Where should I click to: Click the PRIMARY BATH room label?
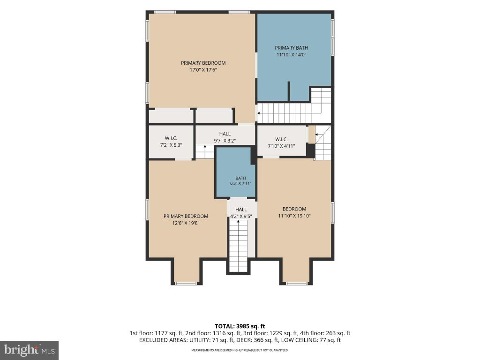[291, 48]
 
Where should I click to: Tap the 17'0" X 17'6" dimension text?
[203, 70]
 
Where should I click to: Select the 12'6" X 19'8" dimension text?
[186, 223]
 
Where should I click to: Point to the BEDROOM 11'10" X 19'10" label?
[294, 212]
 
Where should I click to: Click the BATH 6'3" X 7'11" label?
[240, 181]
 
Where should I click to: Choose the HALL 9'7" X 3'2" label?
[225, 137]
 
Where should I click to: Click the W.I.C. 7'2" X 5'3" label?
[171, 142]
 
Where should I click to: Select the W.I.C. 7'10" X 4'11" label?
[281, 142]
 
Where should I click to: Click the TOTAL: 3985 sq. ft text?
[240, 326]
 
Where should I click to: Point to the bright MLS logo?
[30, 350]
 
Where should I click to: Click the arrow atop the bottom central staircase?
[238, 222]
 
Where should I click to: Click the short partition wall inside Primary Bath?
[288, 91]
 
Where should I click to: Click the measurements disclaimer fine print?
[240, 350]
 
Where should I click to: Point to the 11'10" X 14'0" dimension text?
[292, 55]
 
